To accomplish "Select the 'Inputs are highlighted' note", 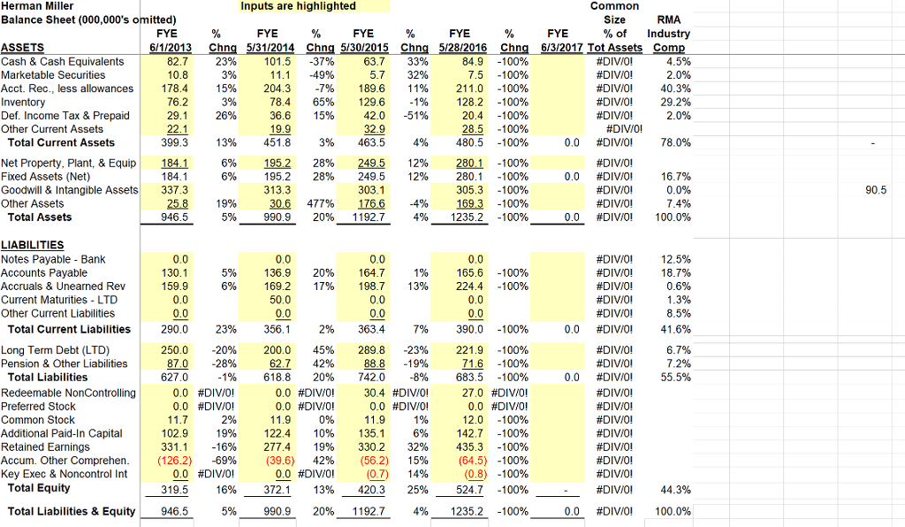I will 298,6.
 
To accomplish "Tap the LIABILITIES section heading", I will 33,245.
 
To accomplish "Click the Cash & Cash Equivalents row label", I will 63,61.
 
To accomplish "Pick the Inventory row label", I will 27,102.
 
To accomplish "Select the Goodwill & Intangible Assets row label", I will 69,189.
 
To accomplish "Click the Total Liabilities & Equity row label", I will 72,511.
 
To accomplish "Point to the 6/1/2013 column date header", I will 171,48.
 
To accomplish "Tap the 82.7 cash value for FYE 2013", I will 177,61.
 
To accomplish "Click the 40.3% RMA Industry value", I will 677,88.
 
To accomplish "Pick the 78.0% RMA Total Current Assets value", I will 676,142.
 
